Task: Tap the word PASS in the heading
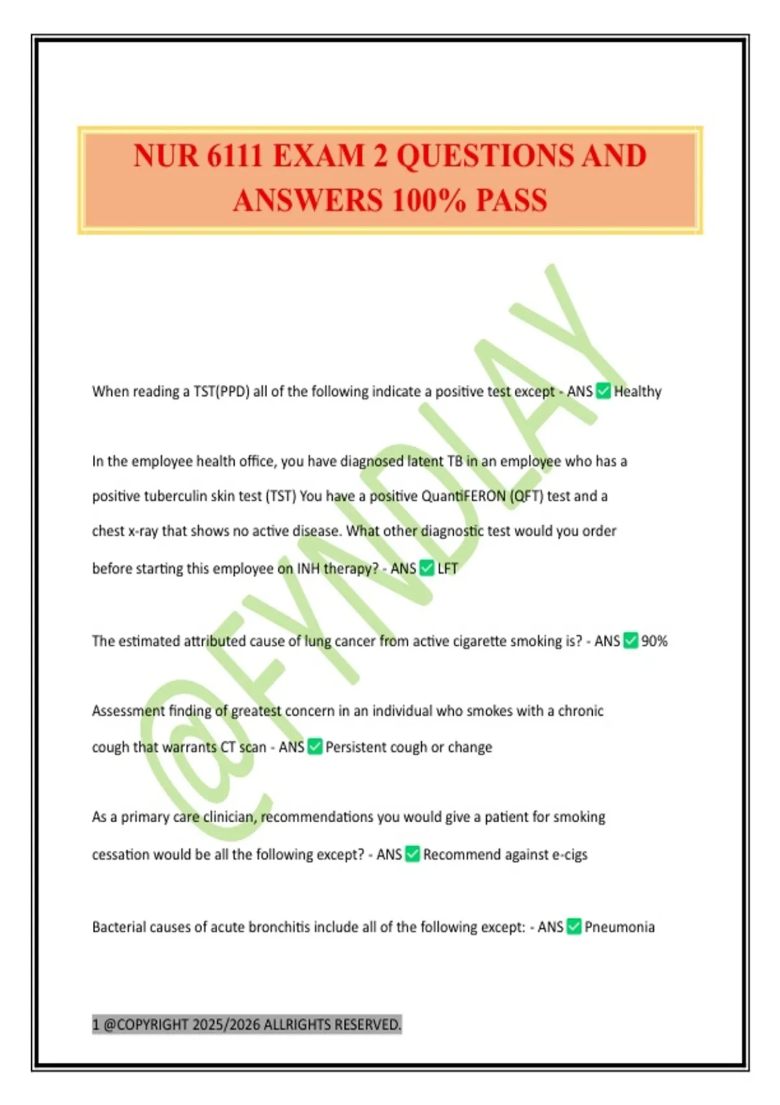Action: (512, 200)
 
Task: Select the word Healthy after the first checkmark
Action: (638, 391)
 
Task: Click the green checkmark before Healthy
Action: (603, 391)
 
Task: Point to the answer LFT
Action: (447, 569)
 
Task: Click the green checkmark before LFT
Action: (426, 569)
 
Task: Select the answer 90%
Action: (654, 641)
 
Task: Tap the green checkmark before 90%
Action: (630, 641)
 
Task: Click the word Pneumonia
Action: (619, 927)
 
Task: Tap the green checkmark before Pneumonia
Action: (574, 927)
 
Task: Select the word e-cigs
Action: (569, 855)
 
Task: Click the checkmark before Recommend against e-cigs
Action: (412, 855)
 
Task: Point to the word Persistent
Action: (355, 747)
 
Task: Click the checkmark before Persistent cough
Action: (315, 747)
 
